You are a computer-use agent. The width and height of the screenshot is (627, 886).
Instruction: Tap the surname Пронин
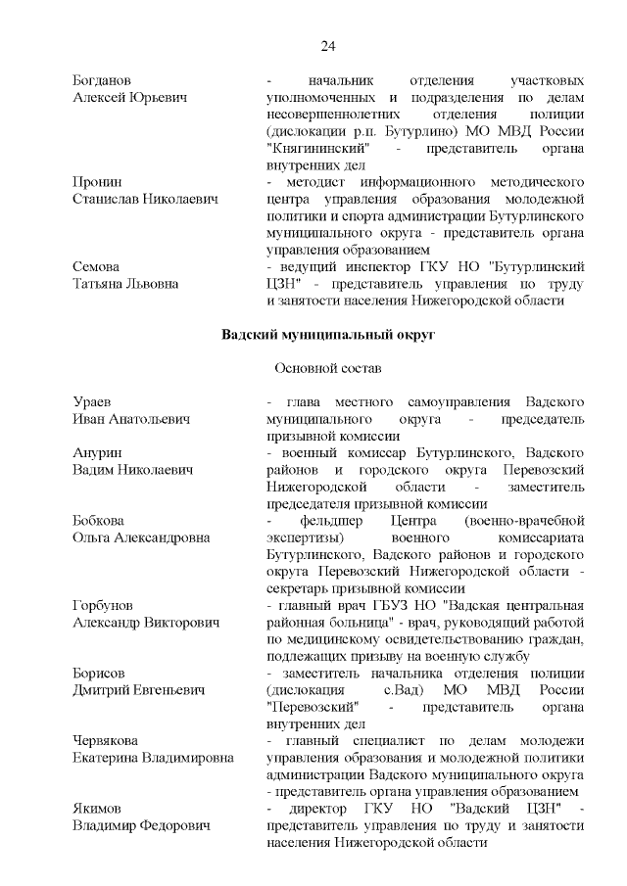click(x=98, y=182)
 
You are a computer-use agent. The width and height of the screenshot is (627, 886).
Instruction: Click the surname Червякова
click(x=110, y=740)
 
